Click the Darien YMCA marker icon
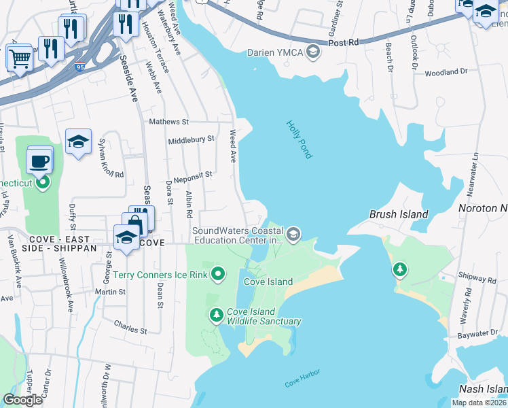tap(313, 52)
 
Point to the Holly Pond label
tap(299, 139)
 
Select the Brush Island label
tap(398, 214)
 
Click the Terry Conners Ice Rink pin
tap(218, 274)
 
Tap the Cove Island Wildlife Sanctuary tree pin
tap(217, 314)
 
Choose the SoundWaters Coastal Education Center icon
tap(293, 235)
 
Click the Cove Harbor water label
tap(302, 378)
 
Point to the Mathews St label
tap(168, 122)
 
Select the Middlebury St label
tap(191, 138)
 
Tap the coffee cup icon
tap(39, 161)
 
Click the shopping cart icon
tap(20, 58)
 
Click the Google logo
tap(23, 400)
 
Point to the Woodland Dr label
tap(446, 71)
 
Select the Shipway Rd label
tap(477, 279)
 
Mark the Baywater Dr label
tap(477, 334)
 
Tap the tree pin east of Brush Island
tap(400, 270)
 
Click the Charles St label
tap(130, 326)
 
